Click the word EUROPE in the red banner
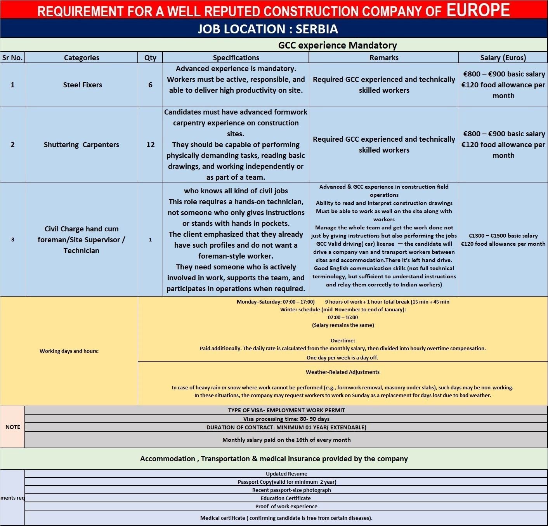tap(478, 10)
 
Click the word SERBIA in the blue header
tap(317, 29)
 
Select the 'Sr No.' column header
tap(12, 58)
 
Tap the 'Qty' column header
tap(150, 58)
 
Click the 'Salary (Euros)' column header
tap(503, 58)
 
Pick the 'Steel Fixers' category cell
tap(82, 85)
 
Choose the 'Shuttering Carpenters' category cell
tap(82, 145)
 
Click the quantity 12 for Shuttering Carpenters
tap(150, 145)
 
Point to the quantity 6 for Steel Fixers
tap(150, 85)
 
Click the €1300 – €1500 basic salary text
tap(503, 236)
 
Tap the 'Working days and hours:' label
tap(69, 351)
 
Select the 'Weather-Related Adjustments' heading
tap(343, 372)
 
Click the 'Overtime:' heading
tap(343, 340)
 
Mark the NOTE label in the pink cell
tap(12, 427)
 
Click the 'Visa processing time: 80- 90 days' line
tap(286, 419)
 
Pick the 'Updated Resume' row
tap(286, 474)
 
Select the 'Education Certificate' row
tap(286, 498)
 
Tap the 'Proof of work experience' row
tap(286, 506)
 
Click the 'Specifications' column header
tap(236, 58)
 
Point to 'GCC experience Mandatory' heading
tap(337, 45)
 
